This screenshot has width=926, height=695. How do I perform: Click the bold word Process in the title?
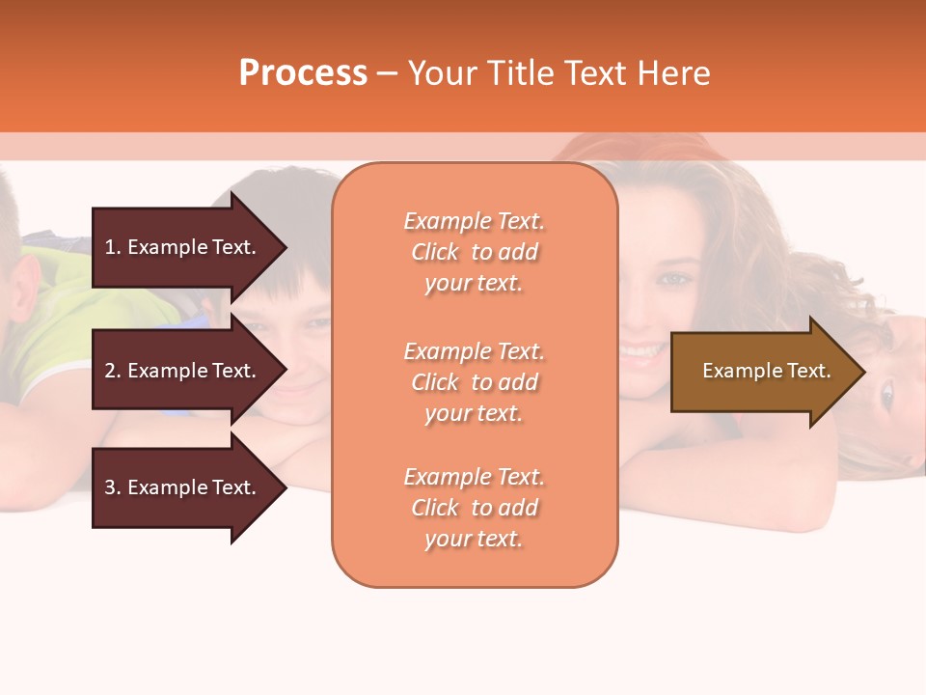303,73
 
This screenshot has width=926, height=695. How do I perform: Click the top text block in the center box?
474,252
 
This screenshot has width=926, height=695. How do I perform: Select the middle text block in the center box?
474,382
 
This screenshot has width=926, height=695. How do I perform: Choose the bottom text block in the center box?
474,508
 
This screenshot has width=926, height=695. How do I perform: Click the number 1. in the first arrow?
113,247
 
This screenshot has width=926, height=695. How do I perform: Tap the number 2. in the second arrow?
113,371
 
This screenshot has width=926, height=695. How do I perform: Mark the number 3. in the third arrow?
113,487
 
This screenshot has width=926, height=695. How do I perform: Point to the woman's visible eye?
672,279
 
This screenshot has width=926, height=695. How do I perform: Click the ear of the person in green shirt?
26,287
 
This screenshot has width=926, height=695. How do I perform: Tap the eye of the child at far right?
886,393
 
